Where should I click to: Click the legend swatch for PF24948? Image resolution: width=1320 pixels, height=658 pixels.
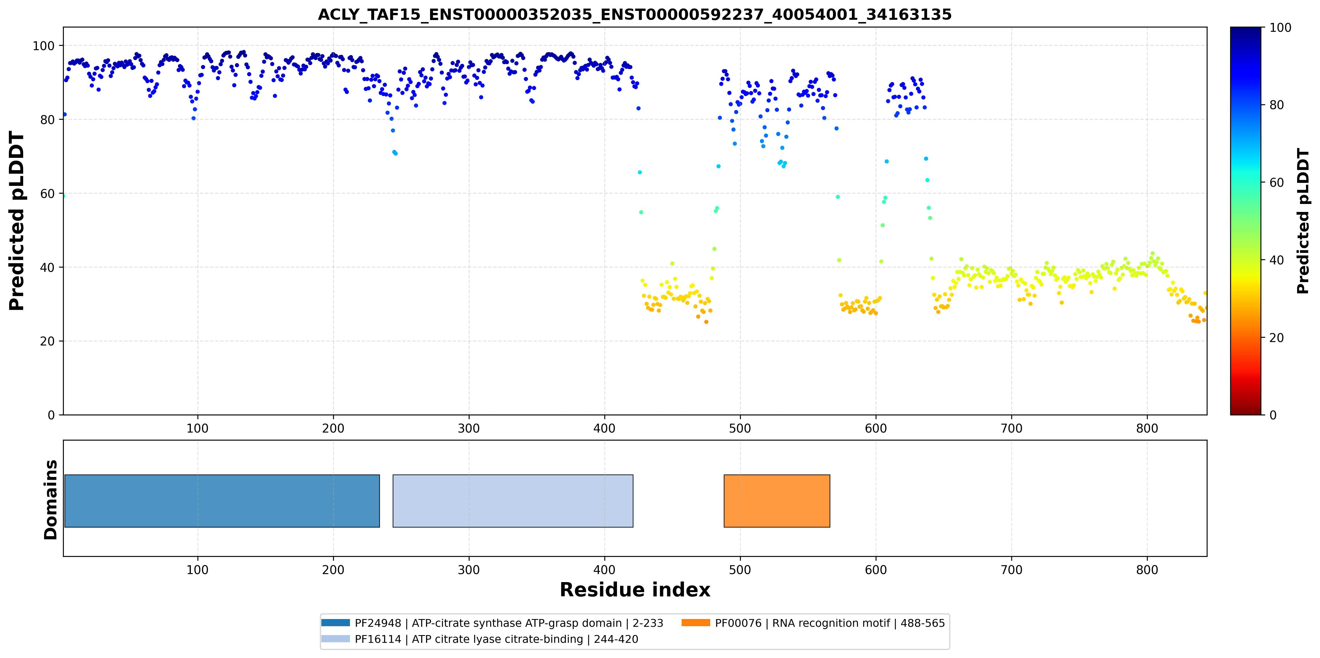(336, 622)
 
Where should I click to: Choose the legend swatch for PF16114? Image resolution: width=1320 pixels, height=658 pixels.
(336, 639)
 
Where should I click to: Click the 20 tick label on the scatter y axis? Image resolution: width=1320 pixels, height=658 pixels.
(47, 341)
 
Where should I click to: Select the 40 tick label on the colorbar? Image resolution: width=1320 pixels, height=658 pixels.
(1277, 260)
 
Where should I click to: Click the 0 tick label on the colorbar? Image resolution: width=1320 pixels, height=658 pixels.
(1273, 415)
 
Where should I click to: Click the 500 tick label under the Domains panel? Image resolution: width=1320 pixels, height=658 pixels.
(740, 570)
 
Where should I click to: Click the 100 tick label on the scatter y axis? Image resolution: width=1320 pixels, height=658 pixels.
(43, 46)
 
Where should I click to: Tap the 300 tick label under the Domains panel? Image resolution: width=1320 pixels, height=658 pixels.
(469, 570)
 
